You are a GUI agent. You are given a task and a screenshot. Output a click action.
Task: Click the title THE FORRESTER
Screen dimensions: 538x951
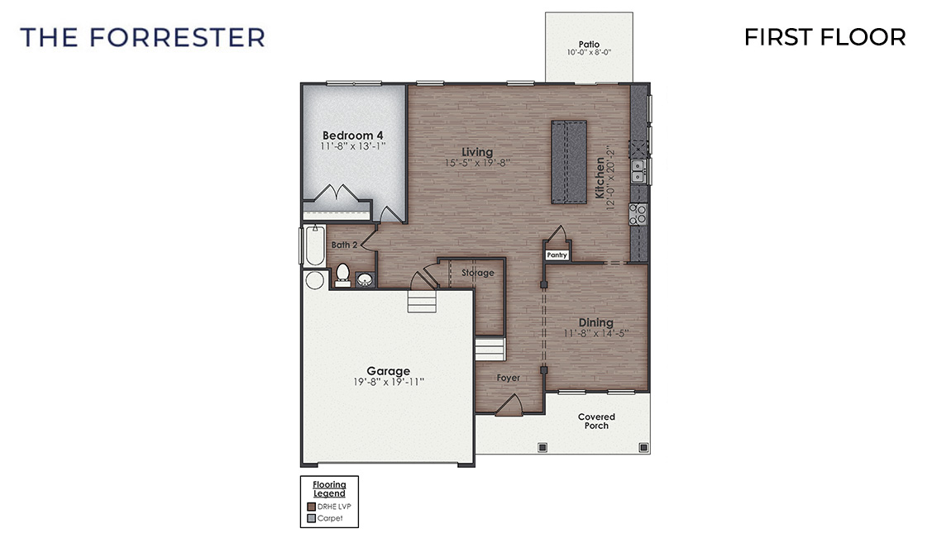click(x=142, y=37)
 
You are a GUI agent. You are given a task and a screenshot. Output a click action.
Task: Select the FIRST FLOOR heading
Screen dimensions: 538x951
click(x=824, y=37)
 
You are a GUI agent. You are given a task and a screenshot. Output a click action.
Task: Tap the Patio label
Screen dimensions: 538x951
click(x=589, y=45)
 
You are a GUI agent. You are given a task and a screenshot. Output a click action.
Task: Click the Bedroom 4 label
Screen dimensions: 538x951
click(x=352, y=136)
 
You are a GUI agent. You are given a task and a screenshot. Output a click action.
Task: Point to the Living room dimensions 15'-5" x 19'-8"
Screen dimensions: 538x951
click(x=477, y=163)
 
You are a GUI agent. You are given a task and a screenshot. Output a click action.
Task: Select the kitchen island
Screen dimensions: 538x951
click(x=569, y=161)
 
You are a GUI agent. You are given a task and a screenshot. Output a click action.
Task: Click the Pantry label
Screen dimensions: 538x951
click(x=557, y=255)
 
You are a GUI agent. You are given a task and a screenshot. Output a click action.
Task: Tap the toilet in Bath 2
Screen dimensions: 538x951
click(x=342, y=274)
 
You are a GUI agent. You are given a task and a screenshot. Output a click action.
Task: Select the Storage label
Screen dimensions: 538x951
click(x=478, y=273)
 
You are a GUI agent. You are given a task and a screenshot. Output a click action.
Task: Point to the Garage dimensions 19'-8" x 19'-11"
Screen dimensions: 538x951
click(x=388, y=382)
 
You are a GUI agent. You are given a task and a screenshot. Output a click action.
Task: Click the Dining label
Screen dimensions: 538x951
click(x=595, y=322)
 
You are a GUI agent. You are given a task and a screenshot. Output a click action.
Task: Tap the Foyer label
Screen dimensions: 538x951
click(x=509, y=378)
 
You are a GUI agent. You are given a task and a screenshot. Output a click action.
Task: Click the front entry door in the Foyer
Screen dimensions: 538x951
click(x=508, y=407)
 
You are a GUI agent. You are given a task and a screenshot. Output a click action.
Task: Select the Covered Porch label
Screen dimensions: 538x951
click(x=596, y=421)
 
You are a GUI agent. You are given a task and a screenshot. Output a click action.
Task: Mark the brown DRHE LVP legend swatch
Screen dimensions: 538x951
click(x=310, y=506)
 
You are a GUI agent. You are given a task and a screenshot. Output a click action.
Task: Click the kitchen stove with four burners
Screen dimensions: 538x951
click(x=638, y=215)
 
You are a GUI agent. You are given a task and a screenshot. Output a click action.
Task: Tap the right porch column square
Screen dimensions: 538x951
click(x=643, y=447)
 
